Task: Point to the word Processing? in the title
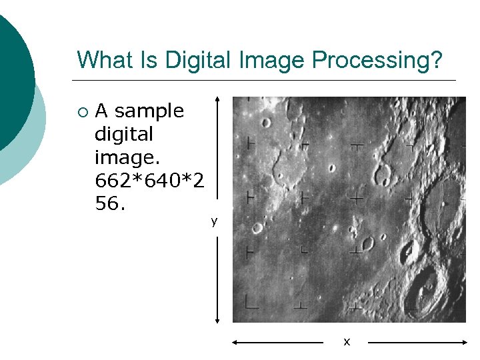(x=377, y=61)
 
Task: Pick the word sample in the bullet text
(x=149, y=111)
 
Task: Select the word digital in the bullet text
(x=124, y=134)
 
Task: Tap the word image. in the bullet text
(x=125, y=157)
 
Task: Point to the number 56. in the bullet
(x=111, y=203)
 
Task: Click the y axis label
(x=214, y=221)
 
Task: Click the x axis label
(x=346, y=342)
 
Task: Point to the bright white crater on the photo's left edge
(x=257, y=229)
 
